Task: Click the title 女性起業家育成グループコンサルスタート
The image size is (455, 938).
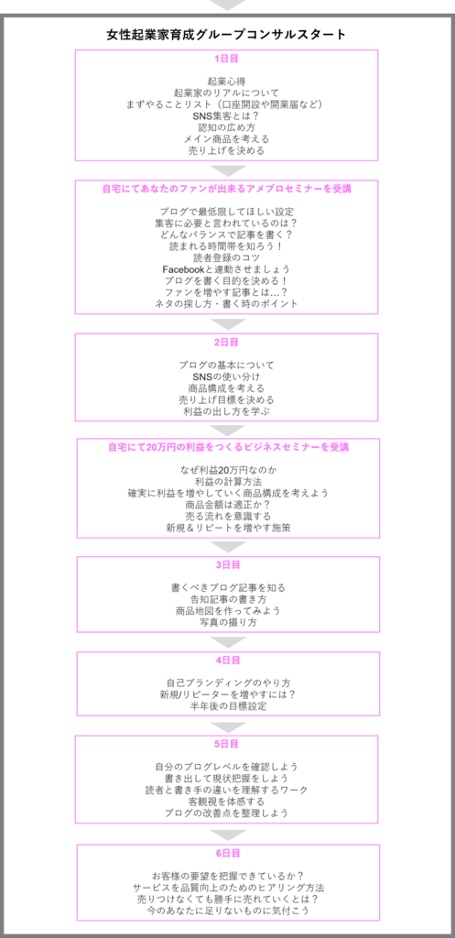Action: [x=227, y=35]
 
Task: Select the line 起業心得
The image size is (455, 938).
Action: [x=227, y=82]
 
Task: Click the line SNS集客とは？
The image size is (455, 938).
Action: [x=227, y=116]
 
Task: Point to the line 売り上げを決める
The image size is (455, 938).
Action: [x=227, y=150]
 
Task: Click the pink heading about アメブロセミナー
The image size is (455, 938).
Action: [x=227, y=189]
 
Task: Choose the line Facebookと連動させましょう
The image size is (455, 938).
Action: [x=227, y=268]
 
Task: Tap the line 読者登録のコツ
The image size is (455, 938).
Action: [x=227, y=257]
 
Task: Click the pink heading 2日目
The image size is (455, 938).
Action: [x=227, y=343]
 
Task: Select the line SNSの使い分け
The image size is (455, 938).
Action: [x=227, y=376]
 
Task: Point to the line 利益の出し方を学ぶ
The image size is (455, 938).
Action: [x=227, y=411]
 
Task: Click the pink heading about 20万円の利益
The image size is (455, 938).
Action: [x=228, y=447]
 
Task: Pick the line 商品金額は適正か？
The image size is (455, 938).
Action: [x=227, y=505]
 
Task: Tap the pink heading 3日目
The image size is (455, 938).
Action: [x=228, y=564]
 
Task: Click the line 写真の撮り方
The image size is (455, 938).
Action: [x=227, y=622]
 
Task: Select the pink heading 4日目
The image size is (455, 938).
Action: [x=228, y=660]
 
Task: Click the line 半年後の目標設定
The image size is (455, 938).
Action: [x=227, y=706]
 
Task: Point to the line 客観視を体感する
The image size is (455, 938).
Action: [x=227, y=801]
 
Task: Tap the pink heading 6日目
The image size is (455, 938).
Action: [x=228, y=853]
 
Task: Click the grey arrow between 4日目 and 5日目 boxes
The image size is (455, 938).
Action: [x=228, y=726]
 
